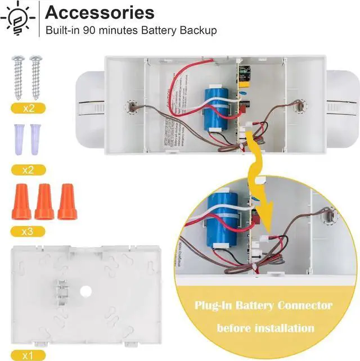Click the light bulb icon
(x=19, y=20)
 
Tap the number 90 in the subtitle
(x=91, y=30)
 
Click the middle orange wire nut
(x=44, y=201)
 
